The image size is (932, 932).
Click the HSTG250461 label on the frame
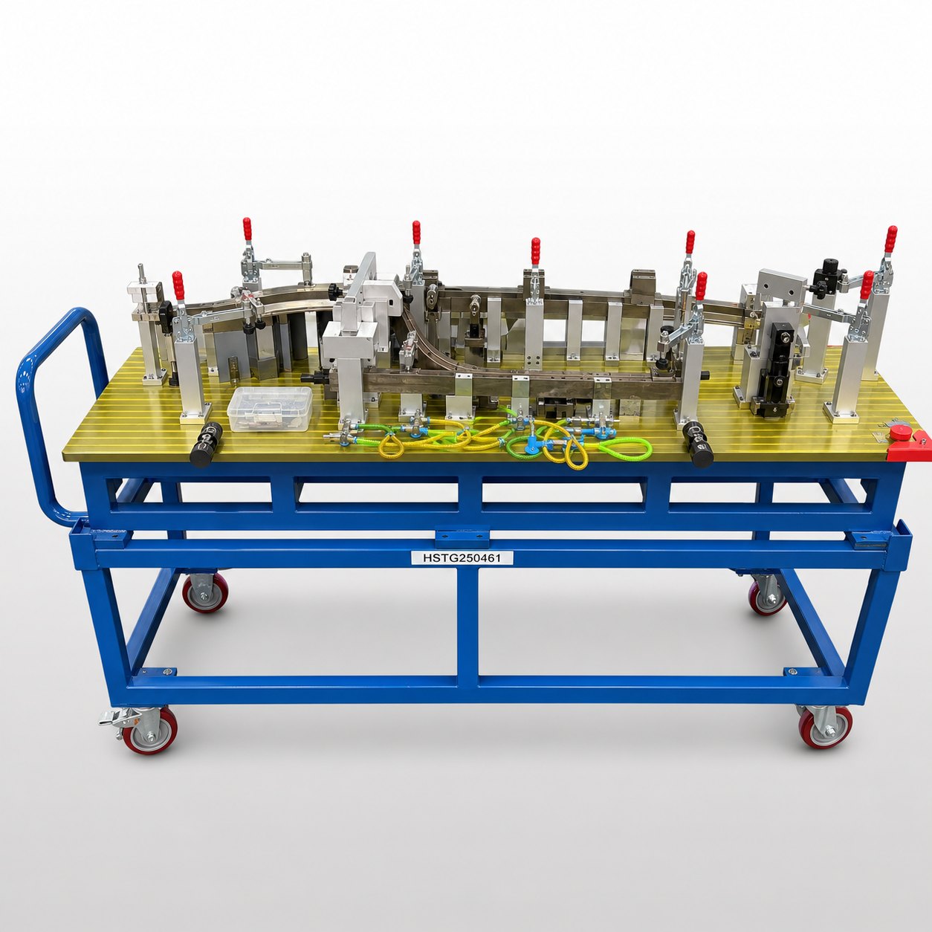[x=462, y=557]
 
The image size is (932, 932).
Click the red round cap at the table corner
[x=901, y=433]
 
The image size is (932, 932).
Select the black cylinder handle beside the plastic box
[x=206, y=444]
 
